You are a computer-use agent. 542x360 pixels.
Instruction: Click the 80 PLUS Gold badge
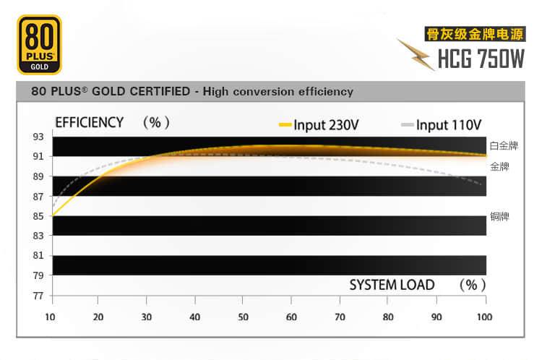pyautogui.click(x=38, y=45)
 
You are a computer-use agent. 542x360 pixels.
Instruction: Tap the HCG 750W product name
pyautogui.click(x=481, y=59)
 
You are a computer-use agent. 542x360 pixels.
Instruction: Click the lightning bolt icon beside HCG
pyautogui.click(x=416, y=54)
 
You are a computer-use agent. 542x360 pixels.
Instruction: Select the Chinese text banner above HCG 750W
pyautogui.click(x=473, y=33)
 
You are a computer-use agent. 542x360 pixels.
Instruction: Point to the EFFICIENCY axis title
pyautogui.click(x=89, y=122)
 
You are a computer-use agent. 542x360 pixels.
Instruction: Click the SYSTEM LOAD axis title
pyautogui.click(x=392, y=285)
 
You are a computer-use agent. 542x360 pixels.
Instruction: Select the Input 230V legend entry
pyautogui.click(x=318, y=124)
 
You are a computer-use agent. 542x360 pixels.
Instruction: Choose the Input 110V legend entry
pyautogui.click(x=441, y=124)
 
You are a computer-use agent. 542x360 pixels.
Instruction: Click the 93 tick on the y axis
pyautogui.click(x=37, y=137)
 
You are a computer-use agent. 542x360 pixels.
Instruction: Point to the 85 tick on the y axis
pyautogui.click(x=37, y=215)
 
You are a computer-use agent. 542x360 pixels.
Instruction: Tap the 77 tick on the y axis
pyautogui.click(x=37, y=295)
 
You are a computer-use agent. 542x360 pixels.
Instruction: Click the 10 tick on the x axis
pyautogui.click(x=50, y=317)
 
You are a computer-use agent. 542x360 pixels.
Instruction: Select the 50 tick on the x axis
pyautogui.click(x=244, y=317)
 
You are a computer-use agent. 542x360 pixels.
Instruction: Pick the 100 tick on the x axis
pyautogui.click(x=483, y=317)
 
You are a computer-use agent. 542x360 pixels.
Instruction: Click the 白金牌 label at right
pyautogui.click(x=504, y=145)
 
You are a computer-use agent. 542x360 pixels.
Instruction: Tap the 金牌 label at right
pyautogui.click(x=499, y=166)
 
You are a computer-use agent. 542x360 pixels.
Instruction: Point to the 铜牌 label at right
pyautogui.click(x=499, y=216)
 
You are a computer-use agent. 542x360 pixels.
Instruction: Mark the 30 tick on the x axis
pyautogui.click(x=147, y=317)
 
